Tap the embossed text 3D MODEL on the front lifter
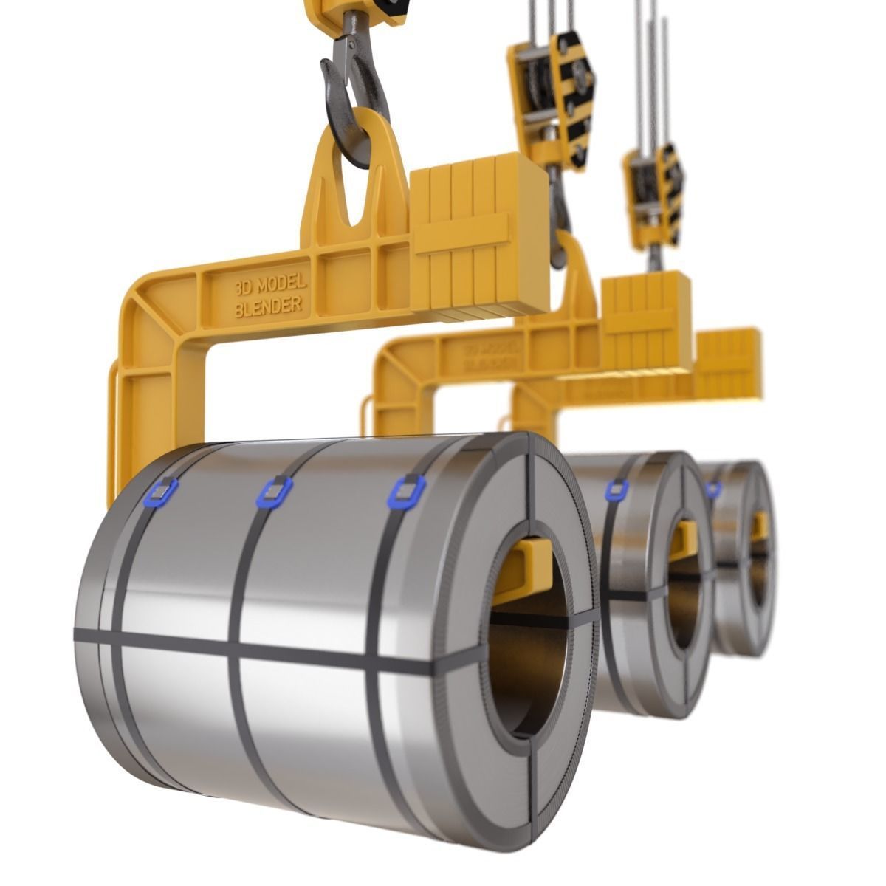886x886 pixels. click(269, 286)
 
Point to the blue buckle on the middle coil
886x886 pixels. click(617, 489)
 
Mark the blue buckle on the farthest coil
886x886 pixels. click(712, 489)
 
